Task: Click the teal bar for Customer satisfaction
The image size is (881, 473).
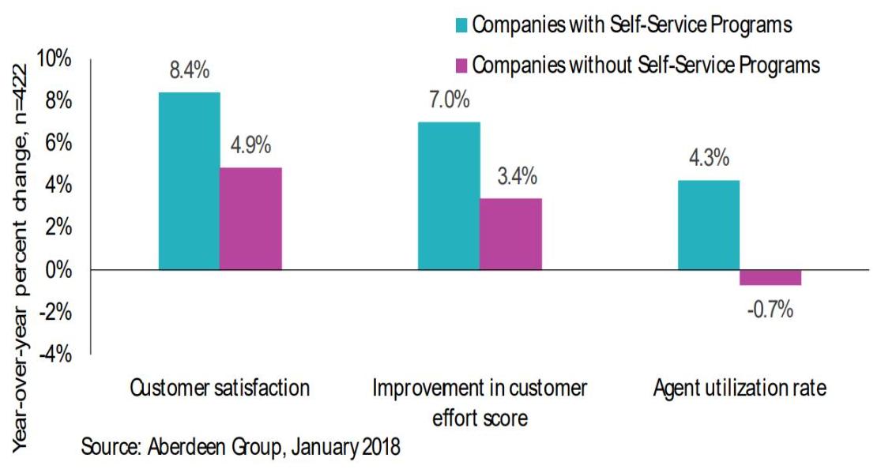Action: click(x=189, y=181)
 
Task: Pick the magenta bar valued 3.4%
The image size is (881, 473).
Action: click(x=510, y=234)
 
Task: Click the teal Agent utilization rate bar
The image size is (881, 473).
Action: click(x=709, y=225)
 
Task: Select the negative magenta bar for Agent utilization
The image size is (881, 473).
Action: click(x=770, y=277)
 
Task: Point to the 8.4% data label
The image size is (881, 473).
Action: click(x=190, y=71)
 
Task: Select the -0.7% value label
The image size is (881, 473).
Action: click(x=770, y=309)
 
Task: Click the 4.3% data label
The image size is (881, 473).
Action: click(x=709, y=159)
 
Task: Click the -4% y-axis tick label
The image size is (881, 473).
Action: click(x=56, y=355)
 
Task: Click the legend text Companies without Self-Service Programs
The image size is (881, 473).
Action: click(x=646, y=65)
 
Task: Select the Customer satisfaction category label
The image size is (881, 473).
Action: click(x=220, y=389)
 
